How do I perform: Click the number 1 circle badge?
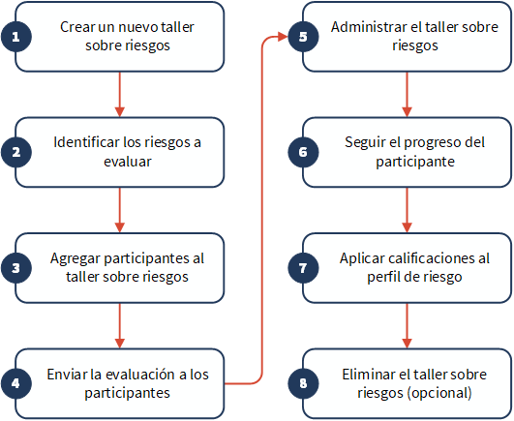click(x=16, y=37)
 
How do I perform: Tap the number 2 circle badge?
click(x=16, y=152)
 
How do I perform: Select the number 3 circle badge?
click(x=16, y=268)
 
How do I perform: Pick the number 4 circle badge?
click(x=16, y=383)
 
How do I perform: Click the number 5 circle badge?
click(x=303, y=37)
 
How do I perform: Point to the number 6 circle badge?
click(x=303, y=152)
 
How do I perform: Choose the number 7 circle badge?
click(x=303, y=268)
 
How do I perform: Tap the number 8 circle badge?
click(x=303, y=383)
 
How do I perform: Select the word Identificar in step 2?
click(x=86, y=142)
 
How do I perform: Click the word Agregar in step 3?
click(x=76, y=258)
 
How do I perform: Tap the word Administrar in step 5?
click(x=369, y=27)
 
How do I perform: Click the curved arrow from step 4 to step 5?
click(x=262, y=210)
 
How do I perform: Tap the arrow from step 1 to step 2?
click(x=120, y=94)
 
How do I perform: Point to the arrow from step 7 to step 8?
click(x=407, y=326)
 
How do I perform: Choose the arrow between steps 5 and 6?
click(x=407, y=94)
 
